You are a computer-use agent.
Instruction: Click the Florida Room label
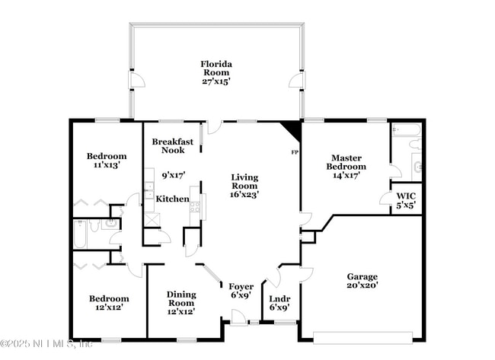[216, 68]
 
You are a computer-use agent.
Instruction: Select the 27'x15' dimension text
[216, 80]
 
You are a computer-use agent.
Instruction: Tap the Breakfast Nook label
[172, 146]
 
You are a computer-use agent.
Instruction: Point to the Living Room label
[245, 181]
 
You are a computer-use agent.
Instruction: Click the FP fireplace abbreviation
[295, 152]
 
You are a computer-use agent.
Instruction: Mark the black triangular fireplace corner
[292, 131]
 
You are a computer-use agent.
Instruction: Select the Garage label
[362, 276]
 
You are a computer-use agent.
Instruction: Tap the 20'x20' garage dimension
[362, 285]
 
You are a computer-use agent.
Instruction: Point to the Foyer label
[241, 286]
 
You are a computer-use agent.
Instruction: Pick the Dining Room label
[181, 298]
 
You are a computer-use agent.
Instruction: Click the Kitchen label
[173, 199]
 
